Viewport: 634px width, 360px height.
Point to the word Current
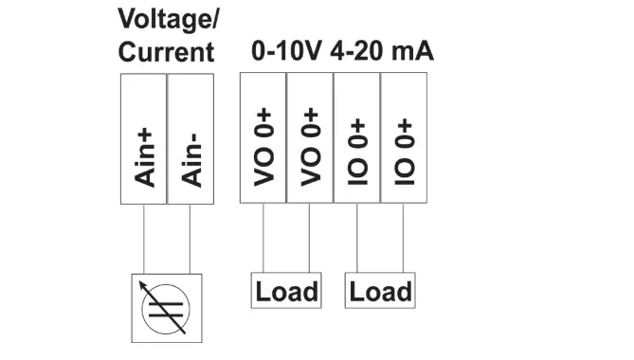point(166,52)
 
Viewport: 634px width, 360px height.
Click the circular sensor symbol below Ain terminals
point(167,308)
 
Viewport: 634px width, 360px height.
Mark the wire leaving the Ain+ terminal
point(143,238)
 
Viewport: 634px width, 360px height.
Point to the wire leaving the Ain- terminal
point(190,238)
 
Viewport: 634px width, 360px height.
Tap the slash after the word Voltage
point(209,19)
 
